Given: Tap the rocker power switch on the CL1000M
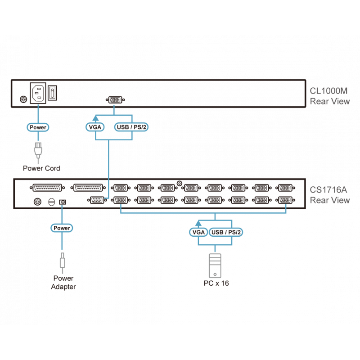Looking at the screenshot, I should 53,94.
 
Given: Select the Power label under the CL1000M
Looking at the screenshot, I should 38,127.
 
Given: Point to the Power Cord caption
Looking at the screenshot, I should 41,168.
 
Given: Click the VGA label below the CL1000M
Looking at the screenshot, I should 95,127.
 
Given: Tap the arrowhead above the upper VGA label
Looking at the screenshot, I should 95,118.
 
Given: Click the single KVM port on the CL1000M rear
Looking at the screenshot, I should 114,99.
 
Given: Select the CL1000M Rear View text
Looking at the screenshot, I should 329,96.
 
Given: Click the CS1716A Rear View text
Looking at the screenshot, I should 329,195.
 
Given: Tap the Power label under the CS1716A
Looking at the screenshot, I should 62,228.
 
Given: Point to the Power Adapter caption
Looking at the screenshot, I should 63,283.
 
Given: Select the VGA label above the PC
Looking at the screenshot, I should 198,232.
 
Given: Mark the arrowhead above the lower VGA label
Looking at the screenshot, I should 198,223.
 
